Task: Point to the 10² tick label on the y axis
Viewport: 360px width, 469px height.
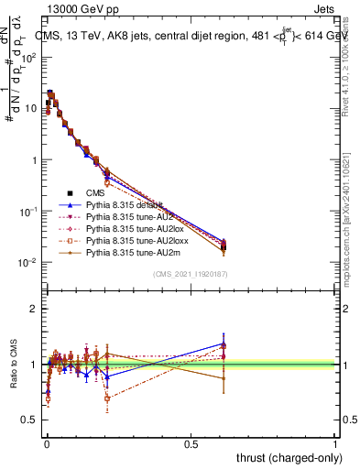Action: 29,57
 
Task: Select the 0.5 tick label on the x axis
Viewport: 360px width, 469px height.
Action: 191,443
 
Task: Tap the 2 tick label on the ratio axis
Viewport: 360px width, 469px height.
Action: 35,309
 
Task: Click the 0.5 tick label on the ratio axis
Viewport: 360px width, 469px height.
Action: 30,420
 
